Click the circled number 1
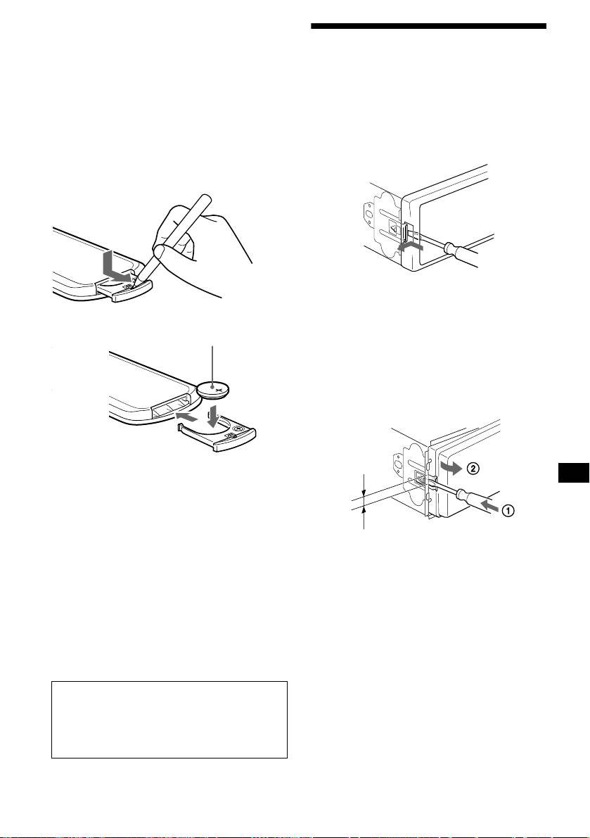click(x=509, y=511)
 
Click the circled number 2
click(x=473, y=469)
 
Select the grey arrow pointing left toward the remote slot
click(x=188, y=414)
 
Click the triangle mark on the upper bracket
click(x=394, y=231)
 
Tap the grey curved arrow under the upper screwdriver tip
click(x=411, y=248)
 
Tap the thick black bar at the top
click(x=429, y=26)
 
